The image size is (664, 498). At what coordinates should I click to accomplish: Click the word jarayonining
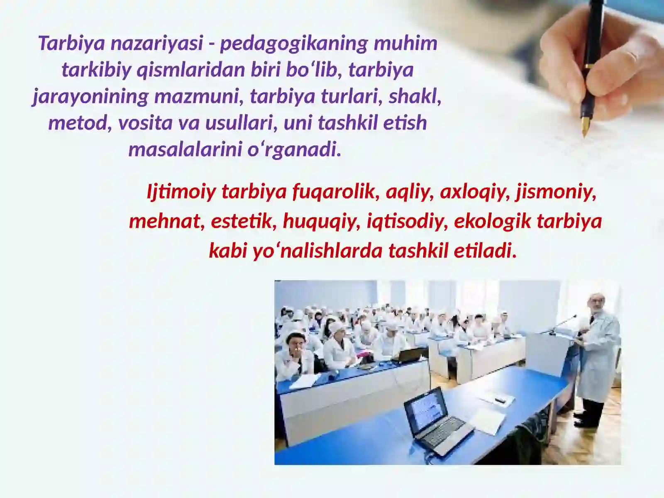pos(90,97)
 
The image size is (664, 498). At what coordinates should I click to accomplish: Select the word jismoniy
pos(556,193)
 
